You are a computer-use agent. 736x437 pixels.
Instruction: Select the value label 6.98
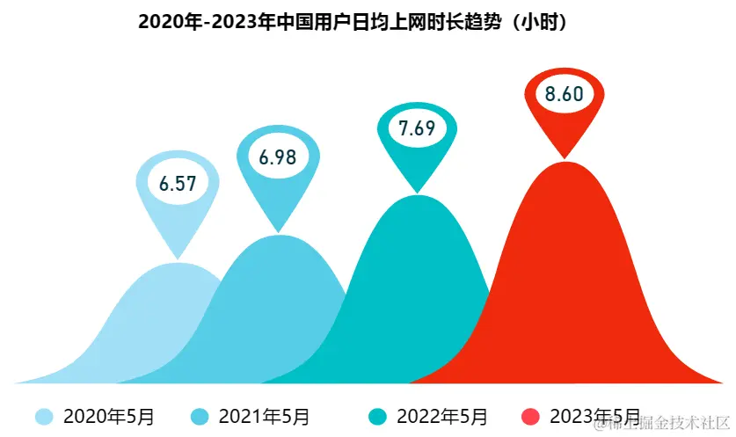coord(278,157)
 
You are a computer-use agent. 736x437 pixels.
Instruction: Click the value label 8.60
coord(565,94)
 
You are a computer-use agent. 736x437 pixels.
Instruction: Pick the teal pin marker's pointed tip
coord(418,191)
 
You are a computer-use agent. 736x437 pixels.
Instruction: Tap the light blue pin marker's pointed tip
coord(179,257)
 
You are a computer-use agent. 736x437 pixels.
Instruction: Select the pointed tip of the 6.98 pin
coord(279,231)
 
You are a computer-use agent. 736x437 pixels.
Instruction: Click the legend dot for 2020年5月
coord(43,416)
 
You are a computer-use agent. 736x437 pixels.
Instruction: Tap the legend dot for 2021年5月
coord(200,416)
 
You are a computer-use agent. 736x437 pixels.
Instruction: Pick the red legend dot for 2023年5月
coord(530,416)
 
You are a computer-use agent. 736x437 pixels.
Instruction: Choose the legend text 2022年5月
coord(441,416)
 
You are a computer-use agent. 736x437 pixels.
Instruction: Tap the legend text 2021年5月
coord(264,416)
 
